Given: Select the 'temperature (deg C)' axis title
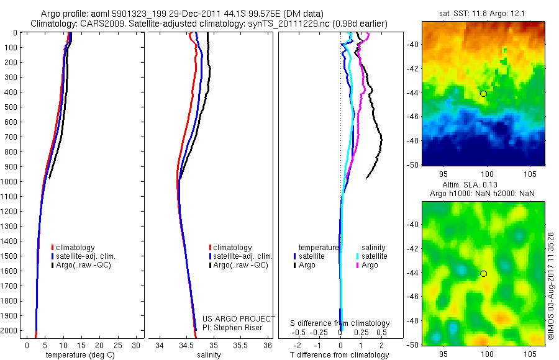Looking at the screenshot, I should (78, 355).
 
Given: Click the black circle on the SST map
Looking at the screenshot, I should (483, 94).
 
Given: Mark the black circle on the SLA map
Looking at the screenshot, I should (483, 274).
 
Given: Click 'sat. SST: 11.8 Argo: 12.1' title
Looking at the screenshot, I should (483, 13).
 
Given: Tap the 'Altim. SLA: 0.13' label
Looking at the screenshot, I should (483, 186).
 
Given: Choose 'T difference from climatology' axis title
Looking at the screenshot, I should (340, 355).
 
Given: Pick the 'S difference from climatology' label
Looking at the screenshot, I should (340, 323).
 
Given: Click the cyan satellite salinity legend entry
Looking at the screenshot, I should (373, 256).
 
